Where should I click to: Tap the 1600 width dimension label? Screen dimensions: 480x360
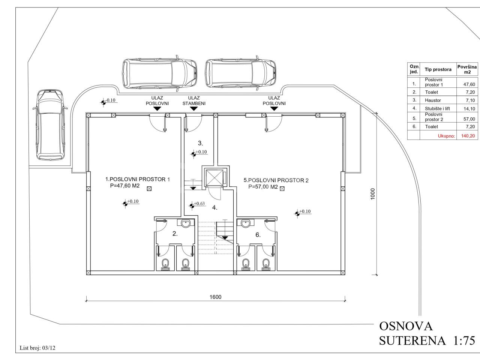pyautogui.click(x=215, y=297)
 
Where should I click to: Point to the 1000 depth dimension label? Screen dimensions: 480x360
pyautogui.click(x=373, y=194)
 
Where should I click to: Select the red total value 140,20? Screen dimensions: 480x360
pyautogui.click(x=468, y=136)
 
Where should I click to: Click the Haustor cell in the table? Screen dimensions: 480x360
pyautogui.click(x=433, y=100)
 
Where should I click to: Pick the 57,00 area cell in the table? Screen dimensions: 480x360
pyautogui.click(x=469, y=119)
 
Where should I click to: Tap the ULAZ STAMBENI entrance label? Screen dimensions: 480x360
pyautogui.click(x=194, y=100)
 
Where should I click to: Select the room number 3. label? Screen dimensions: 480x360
pyautogui.click(x=200, y=143)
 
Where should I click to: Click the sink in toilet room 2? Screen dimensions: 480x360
pyautogui.click(x=186, y=223)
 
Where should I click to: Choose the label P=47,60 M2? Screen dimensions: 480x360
pyautogui.click(x=124, y=186)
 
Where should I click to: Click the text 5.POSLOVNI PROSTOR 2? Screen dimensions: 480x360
pyautogui.click(x=276, y=180)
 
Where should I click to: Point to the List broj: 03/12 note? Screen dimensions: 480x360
pyautogui.click(x=37, y=348)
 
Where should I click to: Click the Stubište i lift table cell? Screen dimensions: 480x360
pyautogui.click(x=437, y=109)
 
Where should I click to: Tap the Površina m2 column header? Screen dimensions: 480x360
pyautogui.click(x=467, y=69)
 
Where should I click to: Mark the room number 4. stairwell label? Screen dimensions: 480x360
pyautogui.click(x=215, y=208)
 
